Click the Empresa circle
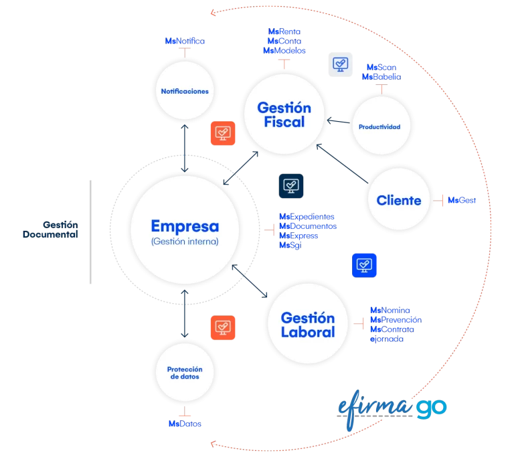coord(184,231)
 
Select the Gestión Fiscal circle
coord(284,114)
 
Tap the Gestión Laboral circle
coord(308,325)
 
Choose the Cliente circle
coord(399,199)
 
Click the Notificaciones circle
coord(185,91)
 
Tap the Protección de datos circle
coord(184,373)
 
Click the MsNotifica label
coord(185,41)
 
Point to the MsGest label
coord(462,200)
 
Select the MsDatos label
coord(185,424)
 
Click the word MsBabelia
coord(381,76)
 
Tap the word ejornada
coord(386,339)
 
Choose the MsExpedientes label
coord(307,217)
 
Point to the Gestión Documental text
coord(51,230)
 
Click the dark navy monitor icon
coord(291,185)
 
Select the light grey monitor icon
coord(341,64)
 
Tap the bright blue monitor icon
coord(365,265)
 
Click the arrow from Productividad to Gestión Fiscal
coord(337,122)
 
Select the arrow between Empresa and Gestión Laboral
coord(249,280)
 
